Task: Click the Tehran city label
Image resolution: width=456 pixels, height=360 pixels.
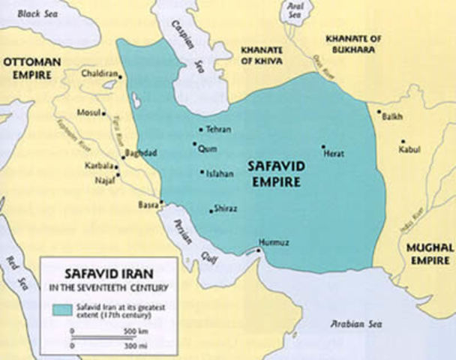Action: click(218, 130)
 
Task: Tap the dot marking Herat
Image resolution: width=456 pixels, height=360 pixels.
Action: click(323, 147)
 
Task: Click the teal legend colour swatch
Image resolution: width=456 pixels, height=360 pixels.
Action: click(59, 308)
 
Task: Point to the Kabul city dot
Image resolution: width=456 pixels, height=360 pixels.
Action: click(403, 141)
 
